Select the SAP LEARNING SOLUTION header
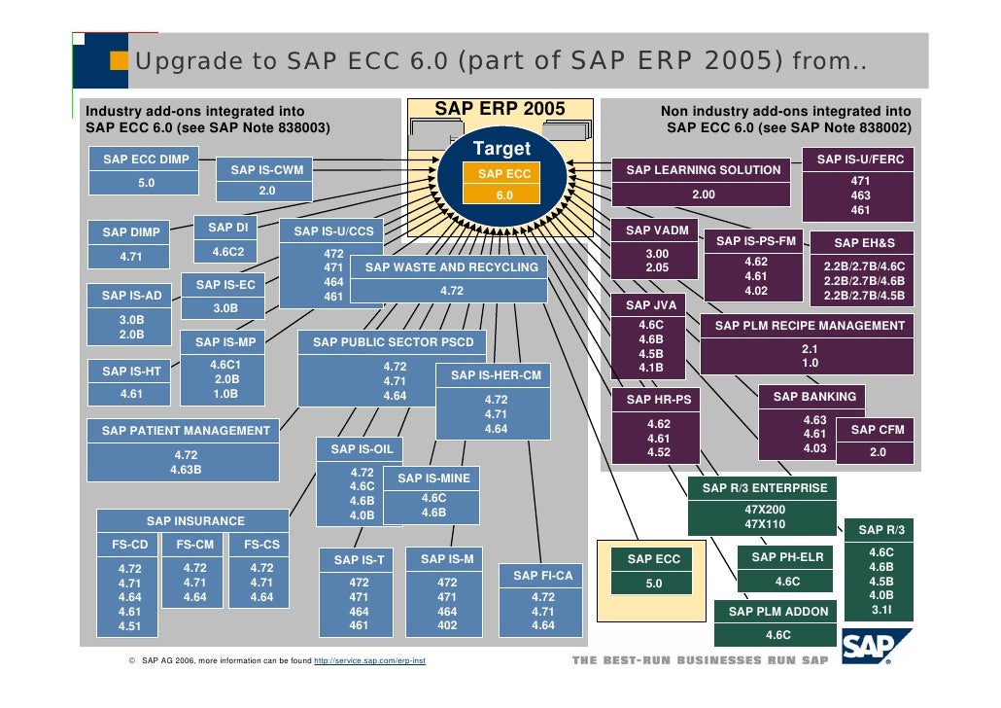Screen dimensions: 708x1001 tap(703, 170)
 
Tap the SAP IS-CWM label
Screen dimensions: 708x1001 tap(266, 170)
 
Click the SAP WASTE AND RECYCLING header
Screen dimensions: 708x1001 tap(451, 267)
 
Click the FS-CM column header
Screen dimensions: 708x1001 tap(195, 545)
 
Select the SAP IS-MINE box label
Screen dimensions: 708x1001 tap(433, 478)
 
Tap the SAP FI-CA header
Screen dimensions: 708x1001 tap(543, 576)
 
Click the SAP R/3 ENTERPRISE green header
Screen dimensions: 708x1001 tap(765, 488)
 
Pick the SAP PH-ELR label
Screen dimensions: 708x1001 tap(787, 557)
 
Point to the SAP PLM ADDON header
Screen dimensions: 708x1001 tap(778, 612)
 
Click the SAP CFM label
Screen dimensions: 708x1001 tap(877, 429)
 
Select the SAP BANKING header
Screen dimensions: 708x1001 tap(814, 397)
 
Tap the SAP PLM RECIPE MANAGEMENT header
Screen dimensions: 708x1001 tap(810, 326)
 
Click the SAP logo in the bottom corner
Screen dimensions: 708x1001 tap(877, 647)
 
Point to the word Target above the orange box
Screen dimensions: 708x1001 tap(501, 149)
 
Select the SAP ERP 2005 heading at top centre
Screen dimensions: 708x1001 tap(500, 108)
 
